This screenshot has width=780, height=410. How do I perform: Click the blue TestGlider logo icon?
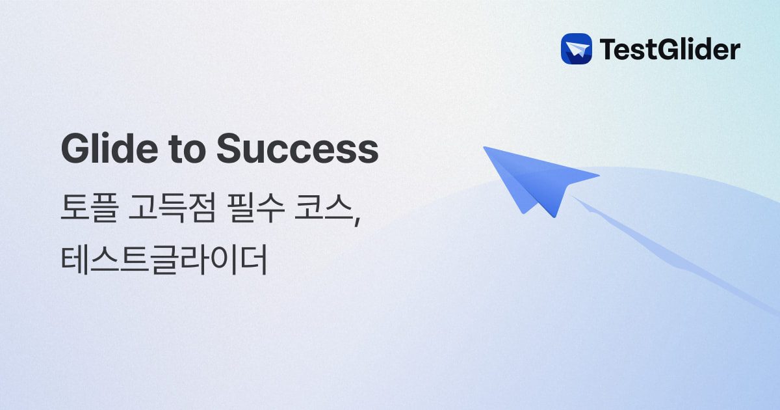576,49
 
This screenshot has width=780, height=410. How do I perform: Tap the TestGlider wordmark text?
669,49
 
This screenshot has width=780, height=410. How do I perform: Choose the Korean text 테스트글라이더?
164,260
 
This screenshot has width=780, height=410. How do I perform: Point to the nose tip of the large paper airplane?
484,148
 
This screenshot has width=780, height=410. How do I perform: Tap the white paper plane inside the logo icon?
576,49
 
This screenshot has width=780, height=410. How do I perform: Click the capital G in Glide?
75,150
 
